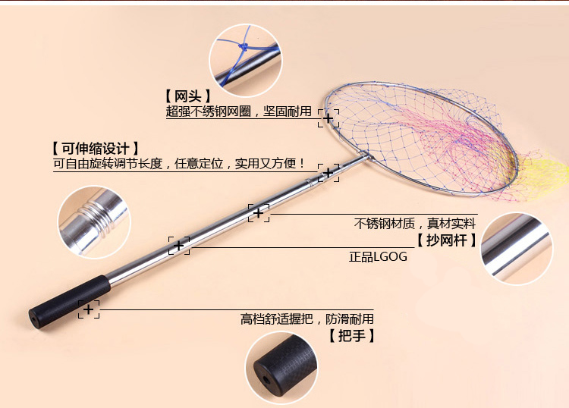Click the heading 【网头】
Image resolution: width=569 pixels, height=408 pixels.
187,96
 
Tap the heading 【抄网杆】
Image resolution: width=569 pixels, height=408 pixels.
447,240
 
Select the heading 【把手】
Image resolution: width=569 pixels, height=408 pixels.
351,335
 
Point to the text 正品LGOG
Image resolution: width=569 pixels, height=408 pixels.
378,257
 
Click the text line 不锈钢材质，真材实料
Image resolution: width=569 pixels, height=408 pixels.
414,224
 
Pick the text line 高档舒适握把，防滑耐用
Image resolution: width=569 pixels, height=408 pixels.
307,319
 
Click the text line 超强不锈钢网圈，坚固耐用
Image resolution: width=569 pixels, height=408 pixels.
238,111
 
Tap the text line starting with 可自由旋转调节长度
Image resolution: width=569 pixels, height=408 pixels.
180,163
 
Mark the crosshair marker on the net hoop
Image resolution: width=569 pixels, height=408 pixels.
328,118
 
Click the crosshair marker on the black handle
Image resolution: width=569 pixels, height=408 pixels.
89,309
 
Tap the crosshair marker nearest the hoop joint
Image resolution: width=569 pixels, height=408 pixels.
328,173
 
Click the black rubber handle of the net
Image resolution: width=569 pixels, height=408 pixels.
68,300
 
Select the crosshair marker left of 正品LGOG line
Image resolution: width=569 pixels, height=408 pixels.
179,245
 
